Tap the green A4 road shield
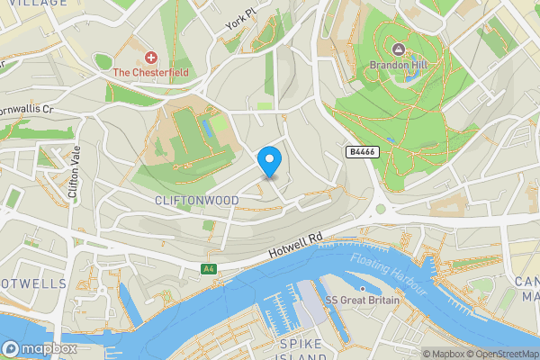pyautogui.click(x=208, y=269)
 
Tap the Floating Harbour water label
pyautogui.click(x=387, y=273)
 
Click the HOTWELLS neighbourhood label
pyautogui.click(x=32, y=283)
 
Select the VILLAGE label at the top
pyautogui.click(x=28, y=4)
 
